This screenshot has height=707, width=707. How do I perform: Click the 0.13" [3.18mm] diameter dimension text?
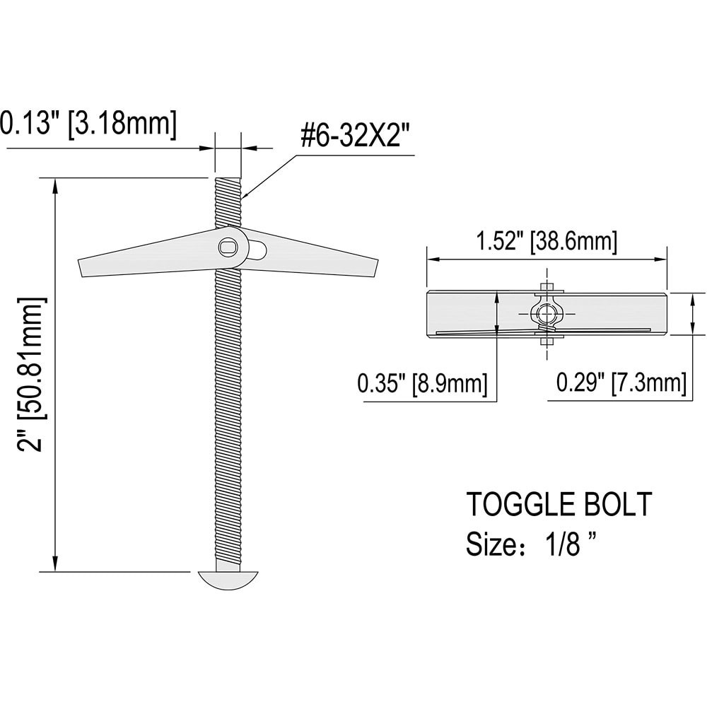pyautogui.click(x=86, y=124)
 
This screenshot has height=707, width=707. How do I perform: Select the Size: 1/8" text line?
pyautogui.click(x=530, y=545)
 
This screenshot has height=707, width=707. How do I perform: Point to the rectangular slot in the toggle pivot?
pyautogui.click(x=228, y=247)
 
